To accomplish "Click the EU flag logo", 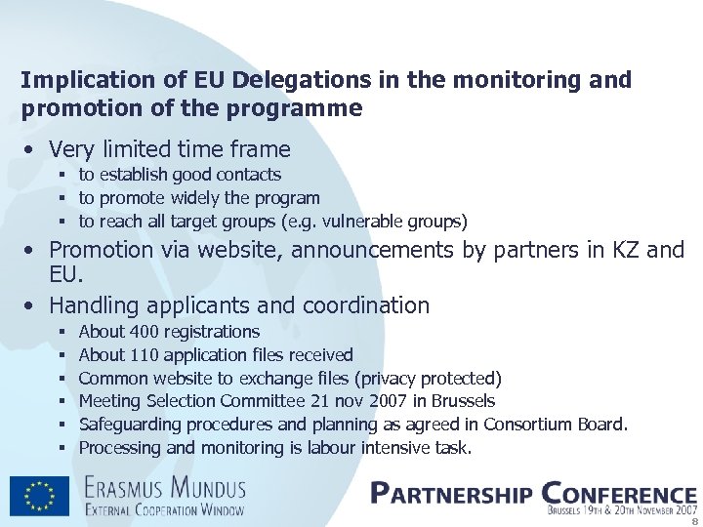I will (x=40, y=496).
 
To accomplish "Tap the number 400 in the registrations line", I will (x=146, y=332).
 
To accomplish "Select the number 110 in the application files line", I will (x=146, y=355).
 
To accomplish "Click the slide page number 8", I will (x=694, y=519).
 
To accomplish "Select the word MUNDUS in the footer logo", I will (x=207, y=487).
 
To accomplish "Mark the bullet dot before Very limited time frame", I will (x=32, y=150).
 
